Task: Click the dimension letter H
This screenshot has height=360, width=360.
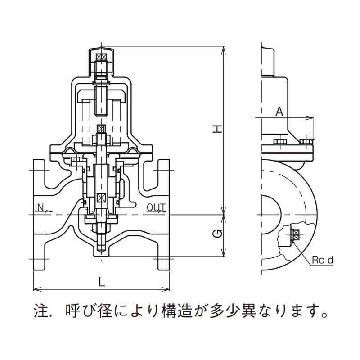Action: tap(217, 130)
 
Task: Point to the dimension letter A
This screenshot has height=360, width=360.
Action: tap(279, 112)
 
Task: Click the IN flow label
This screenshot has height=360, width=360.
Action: tap(39, 208)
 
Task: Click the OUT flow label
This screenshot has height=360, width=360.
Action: tap(156, 208)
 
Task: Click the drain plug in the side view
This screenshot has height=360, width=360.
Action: tap(295, 235)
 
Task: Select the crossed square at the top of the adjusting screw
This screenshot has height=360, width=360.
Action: tap(102, 58)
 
